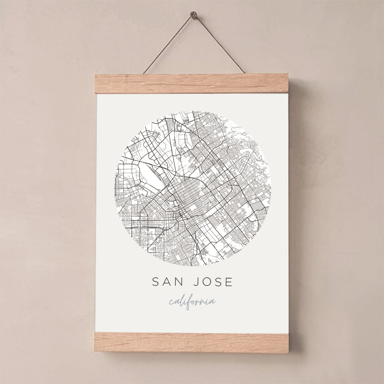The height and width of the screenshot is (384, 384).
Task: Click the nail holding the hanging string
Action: (x=193, y=15)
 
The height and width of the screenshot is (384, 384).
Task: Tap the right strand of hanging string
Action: (x=219, y=44)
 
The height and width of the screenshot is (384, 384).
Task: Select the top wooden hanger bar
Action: (x=191, y=83)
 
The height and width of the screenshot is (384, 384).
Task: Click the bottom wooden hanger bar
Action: (x=191, y=342)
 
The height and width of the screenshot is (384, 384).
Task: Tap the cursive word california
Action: (x=192, y=301)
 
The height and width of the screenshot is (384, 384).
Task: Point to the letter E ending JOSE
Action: (x=229, y=282)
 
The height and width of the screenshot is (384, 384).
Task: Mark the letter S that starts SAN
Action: (x=156, y=282)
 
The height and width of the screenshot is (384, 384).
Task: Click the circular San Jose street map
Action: (x=192, y=188)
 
